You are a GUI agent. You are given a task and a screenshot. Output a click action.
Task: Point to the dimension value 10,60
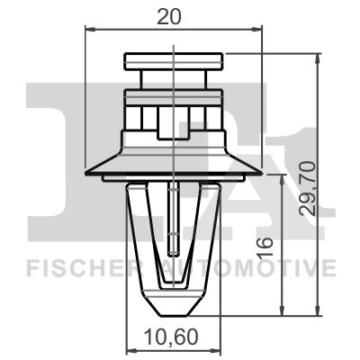171,339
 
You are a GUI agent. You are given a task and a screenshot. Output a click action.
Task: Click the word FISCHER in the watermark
74,268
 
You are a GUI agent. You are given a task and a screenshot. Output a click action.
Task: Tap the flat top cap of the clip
172,61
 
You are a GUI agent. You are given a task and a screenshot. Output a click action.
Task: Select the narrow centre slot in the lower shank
171,220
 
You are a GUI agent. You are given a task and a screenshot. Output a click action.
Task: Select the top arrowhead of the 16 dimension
286,180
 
